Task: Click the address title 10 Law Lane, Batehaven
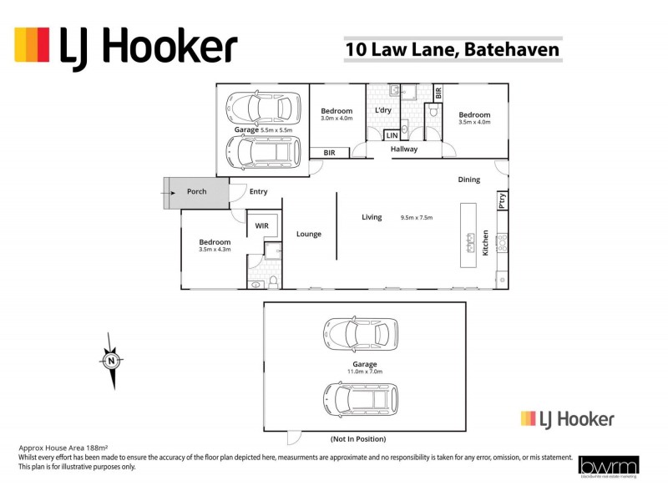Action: tap(452, 49)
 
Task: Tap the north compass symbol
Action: tap(111, 361)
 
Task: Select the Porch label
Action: tap(196, 192)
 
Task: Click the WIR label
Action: tap(261, 225)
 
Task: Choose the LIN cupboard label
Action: tap(392, 135)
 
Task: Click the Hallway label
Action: tap(404, 149)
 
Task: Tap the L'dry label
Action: tap(383, 111)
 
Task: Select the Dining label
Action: tap(468, 180)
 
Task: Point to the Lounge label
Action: tap(309, 234)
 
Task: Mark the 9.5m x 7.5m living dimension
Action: tap(417, 218)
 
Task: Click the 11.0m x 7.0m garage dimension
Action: tap(365, 372)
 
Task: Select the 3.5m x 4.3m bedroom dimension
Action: tap(215, 250)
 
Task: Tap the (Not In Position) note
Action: tap(357, 439)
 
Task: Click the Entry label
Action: tap(259, 192)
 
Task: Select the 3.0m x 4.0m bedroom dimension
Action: tap(337, 119)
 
